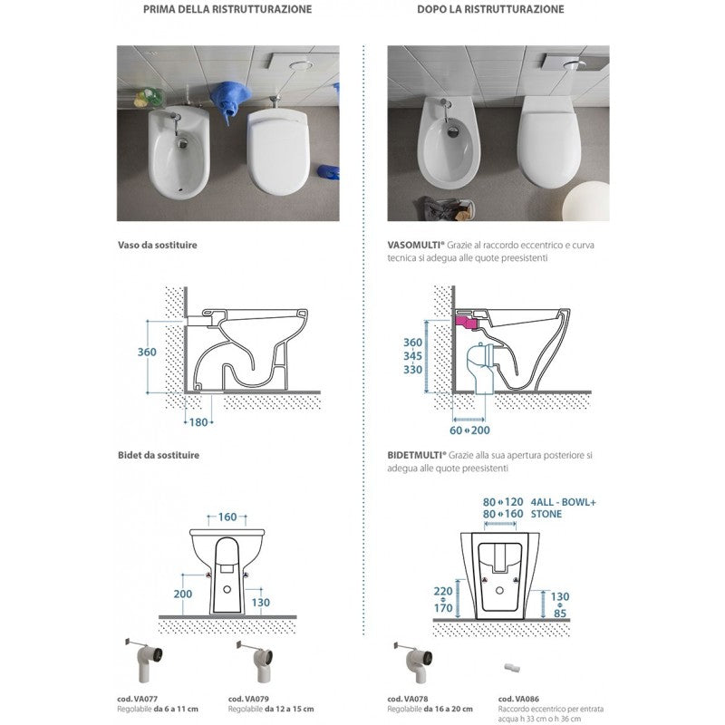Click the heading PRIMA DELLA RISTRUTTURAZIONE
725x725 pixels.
click(227, 9)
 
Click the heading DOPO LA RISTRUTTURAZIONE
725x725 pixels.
click(491, 9)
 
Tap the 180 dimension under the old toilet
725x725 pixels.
click(198, 422)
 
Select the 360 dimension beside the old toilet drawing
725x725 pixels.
click(148, 352)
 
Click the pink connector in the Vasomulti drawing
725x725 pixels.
click(467, 321)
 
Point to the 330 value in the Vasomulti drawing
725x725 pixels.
click(413, 370)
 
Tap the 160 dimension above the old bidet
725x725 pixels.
click(227, 517)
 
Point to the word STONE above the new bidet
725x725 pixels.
click(548, 514)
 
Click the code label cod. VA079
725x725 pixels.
click(246, 699)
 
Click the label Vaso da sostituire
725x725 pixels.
click(157, 246)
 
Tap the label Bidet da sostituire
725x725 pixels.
click(158, 455)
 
